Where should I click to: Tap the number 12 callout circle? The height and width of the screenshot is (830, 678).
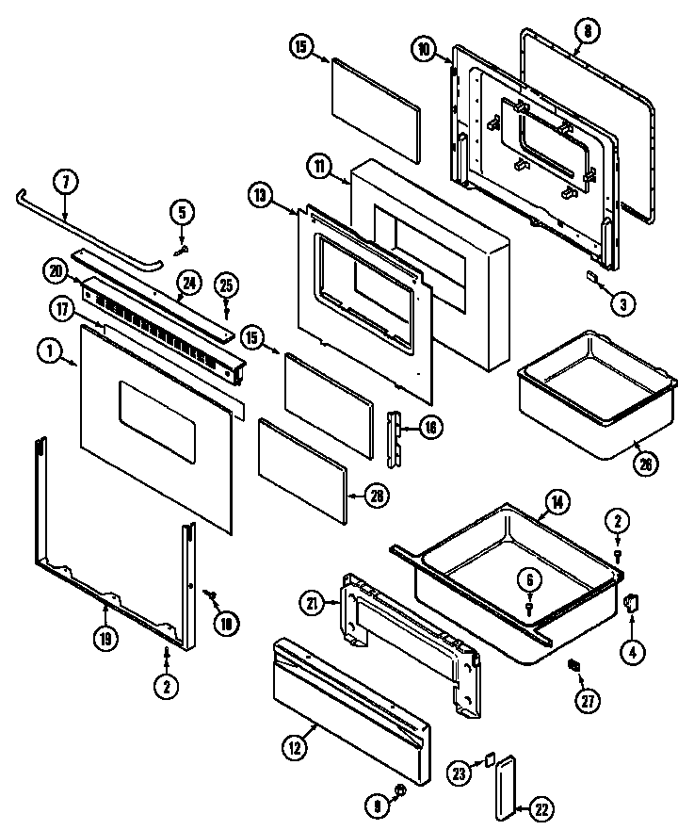pos(295,749)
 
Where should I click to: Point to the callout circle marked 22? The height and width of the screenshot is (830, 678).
pos(542,808)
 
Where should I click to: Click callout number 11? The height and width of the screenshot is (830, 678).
pos(321,166)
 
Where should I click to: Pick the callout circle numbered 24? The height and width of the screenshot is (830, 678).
pos(189,281)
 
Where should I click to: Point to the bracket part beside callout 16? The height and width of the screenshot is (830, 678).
pos(395,436)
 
